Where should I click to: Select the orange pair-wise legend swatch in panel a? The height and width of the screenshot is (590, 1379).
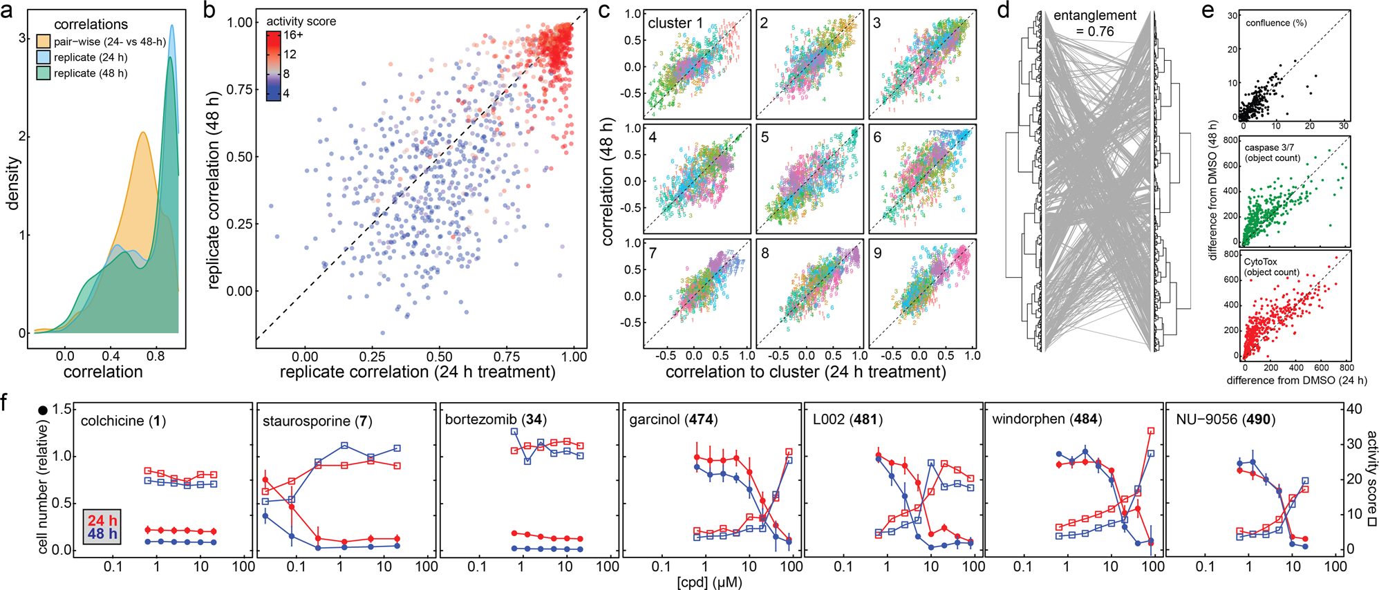[x=43, y=41]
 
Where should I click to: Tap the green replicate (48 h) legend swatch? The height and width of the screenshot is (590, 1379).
[x=43, y=73]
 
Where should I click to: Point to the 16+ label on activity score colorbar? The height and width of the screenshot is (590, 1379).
[x=293, y=35]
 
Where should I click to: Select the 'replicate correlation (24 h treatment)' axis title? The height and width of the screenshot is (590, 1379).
[x=417, y=372]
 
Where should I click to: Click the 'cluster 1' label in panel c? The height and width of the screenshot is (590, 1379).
[x=675, y=23]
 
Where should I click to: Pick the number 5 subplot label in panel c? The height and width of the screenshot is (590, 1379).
[x=764, y=137]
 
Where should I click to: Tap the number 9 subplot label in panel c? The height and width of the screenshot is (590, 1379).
[x=877, y=253]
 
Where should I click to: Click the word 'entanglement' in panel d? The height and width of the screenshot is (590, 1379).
[x=1094, y=15]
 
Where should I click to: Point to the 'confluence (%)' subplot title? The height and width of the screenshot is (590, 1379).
[x=1276, y=23]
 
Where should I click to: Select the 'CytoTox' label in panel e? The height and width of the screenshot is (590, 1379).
[x=1261, y=262]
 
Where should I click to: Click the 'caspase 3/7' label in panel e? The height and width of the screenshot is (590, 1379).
[x=1269, y=147]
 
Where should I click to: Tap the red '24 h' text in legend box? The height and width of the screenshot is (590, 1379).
[x=102, y=520]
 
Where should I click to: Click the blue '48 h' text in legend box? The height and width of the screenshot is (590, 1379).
[x=102, y=534]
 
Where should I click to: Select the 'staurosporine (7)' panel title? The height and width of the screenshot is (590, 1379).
[x=317, y=421]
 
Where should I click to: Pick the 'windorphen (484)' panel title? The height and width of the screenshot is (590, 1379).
[x=1047, y=419]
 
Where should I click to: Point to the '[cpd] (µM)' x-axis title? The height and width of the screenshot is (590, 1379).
[x=709, y=582]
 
